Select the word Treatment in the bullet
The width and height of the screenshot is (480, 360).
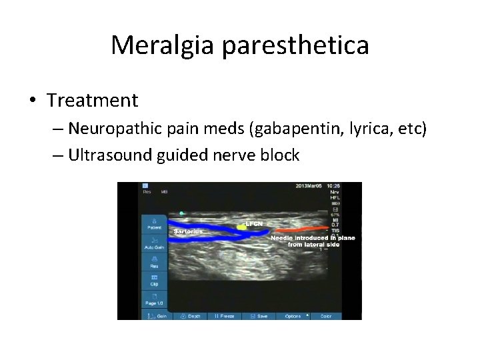click(93, 101)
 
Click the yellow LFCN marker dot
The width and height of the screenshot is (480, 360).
click(241, 226)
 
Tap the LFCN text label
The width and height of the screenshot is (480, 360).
click(254, 224)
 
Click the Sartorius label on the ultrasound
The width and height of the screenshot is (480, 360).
click(188, 231)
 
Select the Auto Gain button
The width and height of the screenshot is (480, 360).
click(154, 244)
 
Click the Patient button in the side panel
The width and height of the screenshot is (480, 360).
click(154, 224)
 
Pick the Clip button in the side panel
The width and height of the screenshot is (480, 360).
click(154, 280)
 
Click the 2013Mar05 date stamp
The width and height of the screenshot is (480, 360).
click(310, 186)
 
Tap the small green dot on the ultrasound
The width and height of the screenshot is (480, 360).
click(181, 213)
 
